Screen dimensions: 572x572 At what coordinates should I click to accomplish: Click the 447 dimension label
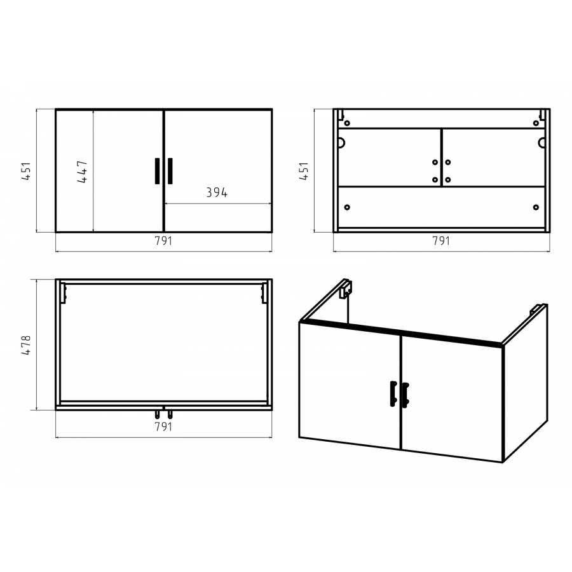83,172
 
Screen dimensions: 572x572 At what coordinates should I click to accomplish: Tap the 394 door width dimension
217,193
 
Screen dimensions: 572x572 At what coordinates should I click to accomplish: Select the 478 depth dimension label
26,345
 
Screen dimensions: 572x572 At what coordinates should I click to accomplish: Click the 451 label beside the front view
26,171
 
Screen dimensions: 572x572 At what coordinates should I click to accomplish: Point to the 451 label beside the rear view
304,171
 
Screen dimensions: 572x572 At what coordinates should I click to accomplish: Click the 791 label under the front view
163,241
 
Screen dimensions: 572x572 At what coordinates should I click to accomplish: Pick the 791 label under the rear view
441,241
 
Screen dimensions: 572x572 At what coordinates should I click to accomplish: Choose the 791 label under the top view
163,426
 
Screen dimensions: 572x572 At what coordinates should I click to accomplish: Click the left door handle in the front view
157,171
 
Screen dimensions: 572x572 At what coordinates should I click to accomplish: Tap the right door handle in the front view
170,171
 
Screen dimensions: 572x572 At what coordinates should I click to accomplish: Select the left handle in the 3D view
393,393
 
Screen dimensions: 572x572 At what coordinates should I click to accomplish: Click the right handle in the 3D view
405,395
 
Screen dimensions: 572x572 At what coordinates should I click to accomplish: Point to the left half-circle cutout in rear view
341,142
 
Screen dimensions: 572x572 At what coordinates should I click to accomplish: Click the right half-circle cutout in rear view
541,142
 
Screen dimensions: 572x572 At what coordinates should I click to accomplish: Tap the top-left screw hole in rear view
347,123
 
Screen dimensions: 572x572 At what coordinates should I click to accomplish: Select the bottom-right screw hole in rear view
536,207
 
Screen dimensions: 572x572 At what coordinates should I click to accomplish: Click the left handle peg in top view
157,414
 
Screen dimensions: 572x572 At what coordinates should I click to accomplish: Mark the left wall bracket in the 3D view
345,289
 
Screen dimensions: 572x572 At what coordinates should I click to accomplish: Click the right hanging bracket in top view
264,293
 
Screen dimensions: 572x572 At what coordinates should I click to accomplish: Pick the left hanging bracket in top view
63,293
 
